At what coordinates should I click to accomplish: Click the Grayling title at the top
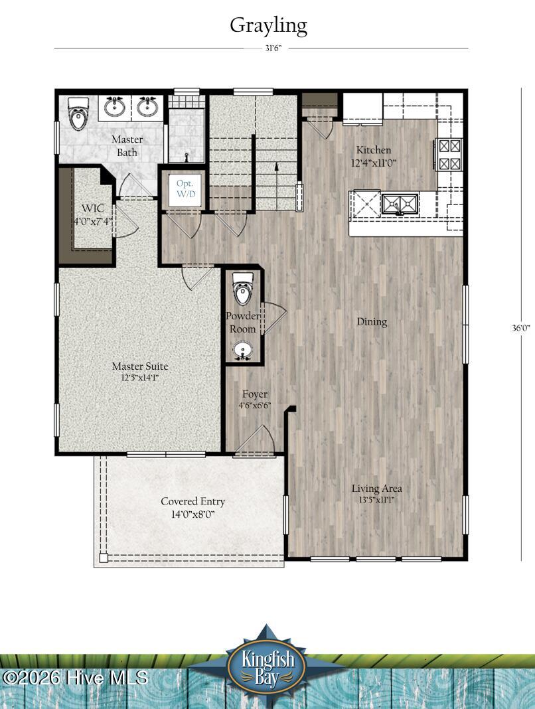click(268, 27)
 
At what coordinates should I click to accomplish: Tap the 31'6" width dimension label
click(273, 48)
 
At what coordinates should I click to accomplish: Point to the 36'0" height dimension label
click(520, 328)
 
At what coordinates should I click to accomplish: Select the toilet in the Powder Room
click(243, 289)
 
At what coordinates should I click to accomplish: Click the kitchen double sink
click(400, 204)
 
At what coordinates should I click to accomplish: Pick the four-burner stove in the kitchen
click(450, 154)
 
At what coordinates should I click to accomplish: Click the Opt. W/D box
click(185, 189)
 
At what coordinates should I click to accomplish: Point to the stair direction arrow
click(276, 185)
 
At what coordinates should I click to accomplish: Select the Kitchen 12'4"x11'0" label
click(374, 156)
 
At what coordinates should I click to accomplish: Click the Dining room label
click(372, 322)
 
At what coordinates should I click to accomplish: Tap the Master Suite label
click(140, 372)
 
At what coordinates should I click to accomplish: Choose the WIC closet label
click(93, 214)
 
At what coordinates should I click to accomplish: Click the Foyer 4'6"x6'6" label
click(255, 399)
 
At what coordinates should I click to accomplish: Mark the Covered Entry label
click(192, 507)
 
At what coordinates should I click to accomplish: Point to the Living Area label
click(377, 493)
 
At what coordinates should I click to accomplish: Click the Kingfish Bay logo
click(267, 665)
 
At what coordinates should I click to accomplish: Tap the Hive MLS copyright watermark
click(75, 678)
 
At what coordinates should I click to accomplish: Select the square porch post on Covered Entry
click(104, 558)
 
